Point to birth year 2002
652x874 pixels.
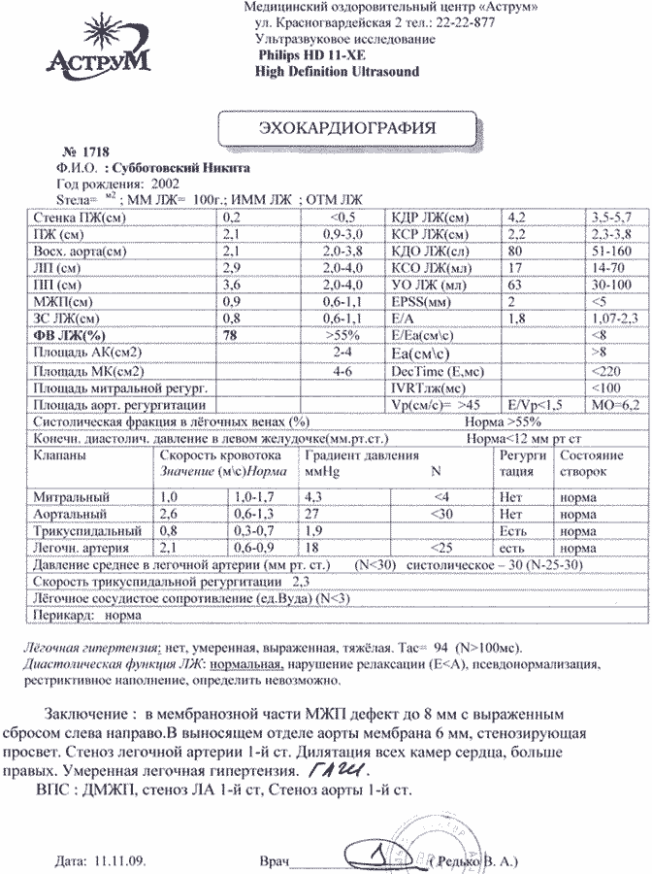click(x=159, y=182)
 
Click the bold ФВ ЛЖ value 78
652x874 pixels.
click(x=232, y=335)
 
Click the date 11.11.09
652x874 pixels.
click(x=120, y=860)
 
